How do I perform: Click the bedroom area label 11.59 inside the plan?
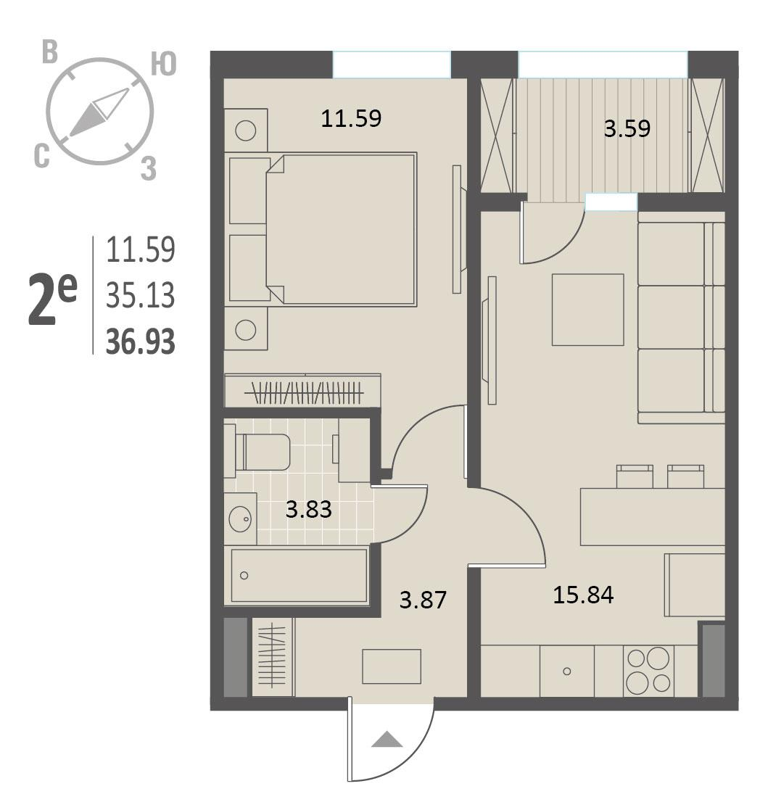coord(351,118)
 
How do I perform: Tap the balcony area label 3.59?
coord(627,128)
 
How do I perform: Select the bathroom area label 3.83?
coord(308,509)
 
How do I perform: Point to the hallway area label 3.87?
coord(423,600)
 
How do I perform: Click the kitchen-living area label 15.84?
coord(583,595)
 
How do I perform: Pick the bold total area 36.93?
coord(141,342)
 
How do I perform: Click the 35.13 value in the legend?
coord(141,296)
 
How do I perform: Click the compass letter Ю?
coord(163,65)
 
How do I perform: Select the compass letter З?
coord(149,168)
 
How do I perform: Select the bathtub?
coord(299,576)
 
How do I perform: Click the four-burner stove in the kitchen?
coord(648,671)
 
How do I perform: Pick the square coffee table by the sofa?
coord(587,310)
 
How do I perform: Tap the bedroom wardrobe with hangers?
coord(302,391)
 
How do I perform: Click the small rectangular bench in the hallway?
coord(392,666)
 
